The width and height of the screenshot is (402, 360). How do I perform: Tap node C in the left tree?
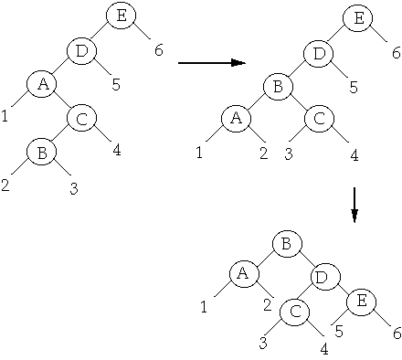[x=81, y=118]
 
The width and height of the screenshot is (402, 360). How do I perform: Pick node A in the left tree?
[x=41, y=85]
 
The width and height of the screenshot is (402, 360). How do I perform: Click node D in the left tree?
[x=82, y=50]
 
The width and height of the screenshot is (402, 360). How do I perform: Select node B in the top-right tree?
[x=277, y=87]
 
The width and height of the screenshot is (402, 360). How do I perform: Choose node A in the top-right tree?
[x=236, y=118]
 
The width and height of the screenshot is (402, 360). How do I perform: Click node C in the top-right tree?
[x=317, y=118]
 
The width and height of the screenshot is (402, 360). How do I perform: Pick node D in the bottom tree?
[x=322, y=276]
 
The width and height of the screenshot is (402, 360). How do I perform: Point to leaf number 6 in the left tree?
[x=159, y=50]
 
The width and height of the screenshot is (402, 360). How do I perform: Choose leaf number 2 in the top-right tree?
[x=262, y=153]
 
